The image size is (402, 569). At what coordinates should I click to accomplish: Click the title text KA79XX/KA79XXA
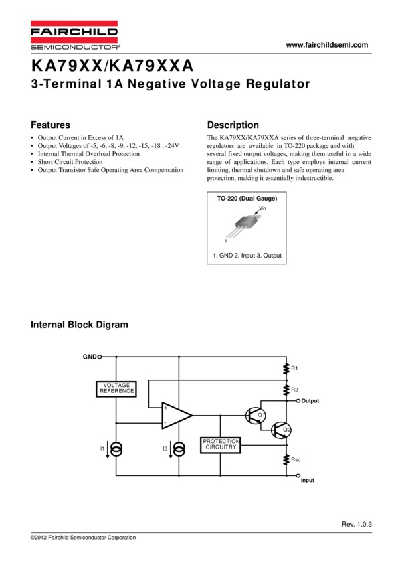click(112, 66)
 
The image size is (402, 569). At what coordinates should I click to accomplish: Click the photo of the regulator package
click(243, 226)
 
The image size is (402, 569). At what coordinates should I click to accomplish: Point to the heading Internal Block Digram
click(79, 325)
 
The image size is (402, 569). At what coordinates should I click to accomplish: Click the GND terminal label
click(90, 357)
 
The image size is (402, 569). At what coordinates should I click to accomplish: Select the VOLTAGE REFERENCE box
click(116, 388)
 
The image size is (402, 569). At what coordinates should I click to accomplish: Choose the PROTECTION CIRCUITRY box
click(221, 444)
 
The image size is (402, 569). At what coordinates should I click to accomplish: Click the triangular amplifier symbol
click(176, 415)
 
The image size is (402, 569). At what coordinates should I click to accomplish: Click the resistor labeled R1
click(286, 368)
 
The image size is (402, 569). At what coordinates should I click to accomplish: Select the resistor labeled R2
click(286, 389)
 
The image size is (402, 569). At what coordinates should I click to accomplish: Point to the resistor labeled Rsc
click(286, 460)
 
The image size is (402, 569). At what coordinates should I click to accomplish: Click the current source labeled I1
click(116, 449)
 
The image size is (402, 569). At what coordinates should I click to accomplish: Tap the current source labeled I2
click(179, 449)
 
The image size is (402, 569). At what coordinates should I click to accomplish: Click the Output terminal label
click(310, 401)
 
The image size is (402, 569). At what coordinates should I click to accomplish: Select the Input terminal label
click(308, 481)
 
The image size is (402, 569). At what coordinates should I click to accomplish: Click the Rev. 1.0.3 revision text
click(355, 525)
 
